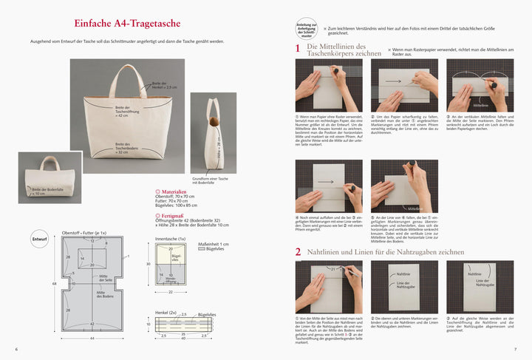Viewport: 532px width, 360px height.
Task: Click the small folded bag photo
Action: point(50,178)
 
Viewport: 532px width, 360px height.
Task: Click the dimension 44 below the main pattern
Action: point(92,338)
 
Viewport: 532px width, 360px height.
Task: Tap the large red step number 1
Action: point(298,50)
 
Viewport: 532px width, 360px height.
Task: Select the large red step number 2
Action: point(298,251)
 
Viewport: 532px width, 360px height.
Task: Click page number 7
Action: point(515,349)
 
